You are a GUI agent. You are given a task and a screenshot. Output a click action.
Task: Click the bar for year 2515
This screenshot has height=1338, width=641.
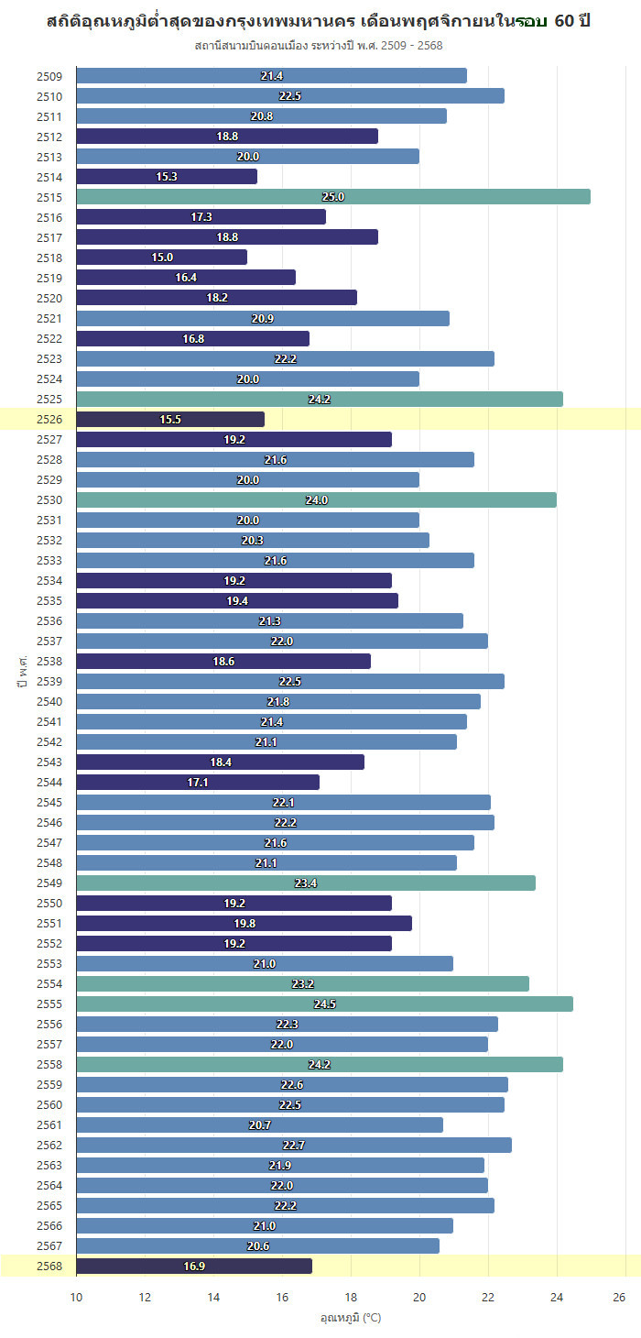(333, 197)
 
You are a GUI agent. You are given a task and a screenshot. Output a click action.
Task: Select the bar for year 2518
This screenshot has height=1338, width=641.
(161, 258)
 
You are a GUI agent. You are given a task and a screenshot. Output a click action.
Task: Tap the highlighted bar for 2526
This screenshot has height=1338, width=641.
(170, 419)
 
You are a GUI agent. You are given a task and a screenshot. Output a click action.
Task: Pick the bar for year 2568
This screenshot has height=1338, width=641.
(194, 1266)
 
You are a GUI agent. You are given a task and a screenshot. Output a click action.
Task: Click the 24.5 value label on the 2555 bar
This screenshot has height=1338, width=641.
(325, 1003)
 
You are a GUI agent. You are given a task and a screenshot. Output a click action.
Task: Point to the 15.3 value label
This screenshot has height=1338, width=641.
(167, 177)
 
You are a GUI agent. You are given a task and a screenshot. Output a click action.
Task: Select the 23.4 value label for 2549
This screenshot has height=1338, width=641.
(306, 883)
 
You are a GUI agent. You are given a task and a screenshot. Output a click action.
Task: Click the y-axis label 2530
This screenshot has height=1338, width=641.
(50, 499)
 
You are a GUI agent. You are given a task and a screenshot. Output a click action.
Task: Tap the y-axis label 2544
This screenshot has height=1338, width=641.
(50, 782)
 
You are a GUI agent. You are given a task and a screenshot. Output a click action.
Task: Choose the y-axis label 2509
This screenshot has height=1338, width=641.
(50, 76)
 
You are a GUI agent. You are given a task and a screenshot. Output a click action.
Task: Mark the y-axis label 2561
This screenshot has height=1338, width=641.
(50, 1124)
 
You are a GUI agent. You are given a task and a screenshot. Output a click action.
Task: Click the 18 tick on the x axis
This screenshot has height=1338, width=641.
(351, 1297)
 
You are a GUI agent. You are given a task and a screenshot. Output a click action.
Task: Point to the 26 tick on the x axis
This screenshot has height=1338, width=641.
(619, 1297)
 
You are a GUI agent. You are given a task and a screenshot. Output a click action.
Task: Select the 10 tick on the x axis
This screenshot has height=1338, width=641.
(76, 1297)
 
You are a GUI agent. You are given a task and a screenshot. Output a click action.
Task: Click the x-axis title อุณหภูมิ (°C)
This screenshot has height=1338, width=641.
(351, 1318)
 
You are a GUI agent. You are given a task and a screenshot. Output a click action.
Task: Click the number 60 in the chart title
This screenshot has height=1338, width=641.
(567, 21)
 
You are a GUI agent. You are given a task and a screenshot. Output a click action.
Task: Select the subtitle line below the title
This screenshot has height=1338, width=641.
(320, 45)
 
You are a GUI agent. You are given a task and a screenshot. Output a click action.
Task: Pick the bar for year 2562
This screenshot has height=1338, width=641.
(294, 1145)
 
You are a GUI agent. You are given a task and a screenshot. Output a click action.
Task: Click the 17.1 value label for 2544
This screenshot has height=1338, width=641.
(199, 782)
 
